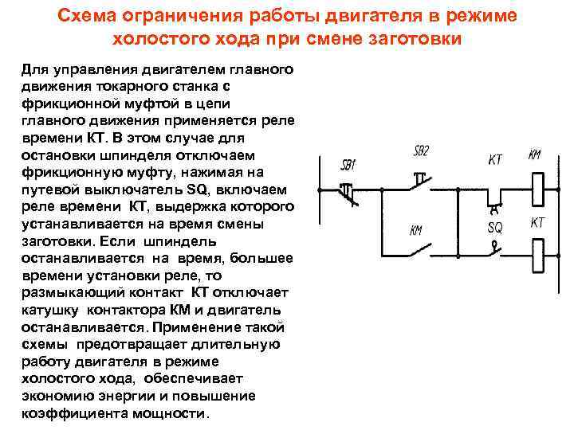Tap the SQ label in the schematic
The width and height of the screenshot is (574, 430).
495,227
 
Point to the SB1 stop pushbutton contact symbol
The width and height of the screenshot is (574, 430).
348,191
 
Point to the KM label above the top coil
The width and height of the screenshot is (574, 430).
534,154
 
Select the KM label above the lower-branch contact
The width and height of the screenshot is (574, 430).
416,230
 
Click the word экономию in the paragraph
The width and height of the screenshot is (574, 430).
54,397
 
